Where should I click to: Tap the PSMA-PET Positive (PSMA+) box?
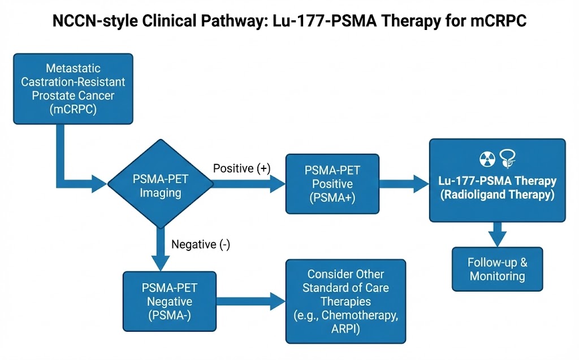(332, 184)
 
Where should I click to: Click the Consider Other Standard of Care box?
(345, 301)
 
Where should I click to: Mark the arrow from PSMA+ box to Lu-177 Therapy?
(404, 184)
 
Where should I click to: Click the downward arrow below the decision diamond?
(161, 248)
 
